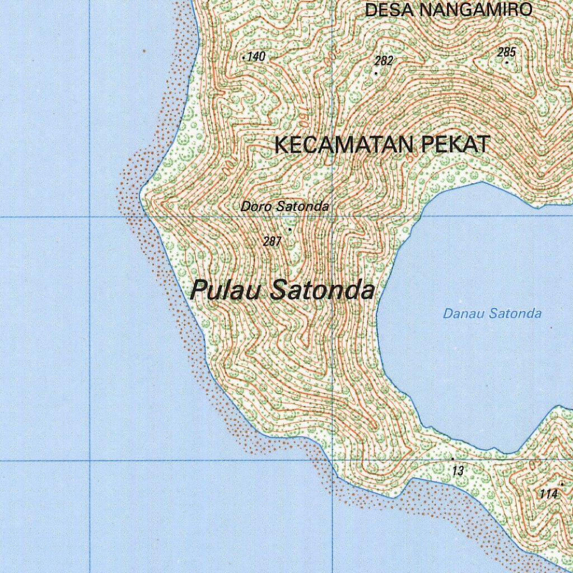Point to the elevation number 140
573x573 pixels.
256,56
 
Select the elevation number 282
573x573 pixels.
384,61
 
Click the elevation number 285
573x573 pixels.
506,53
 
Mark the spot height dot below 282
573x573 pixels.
376,72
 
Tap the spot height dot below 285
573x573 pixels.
507,62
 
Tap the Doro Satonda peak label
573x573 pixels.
285,206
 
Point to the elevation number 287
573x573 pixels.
272,241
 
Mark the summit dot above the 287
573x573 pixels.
290,229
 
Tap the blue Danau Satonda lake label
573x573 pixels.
492,313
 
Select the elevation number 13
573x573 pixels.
458,471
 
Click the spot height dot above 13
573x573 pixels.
452,458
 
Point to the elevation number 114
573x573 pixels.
549,494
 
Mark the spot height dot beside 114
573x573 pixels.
562,484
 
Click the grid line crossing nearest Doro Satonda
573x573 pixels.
332,216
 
